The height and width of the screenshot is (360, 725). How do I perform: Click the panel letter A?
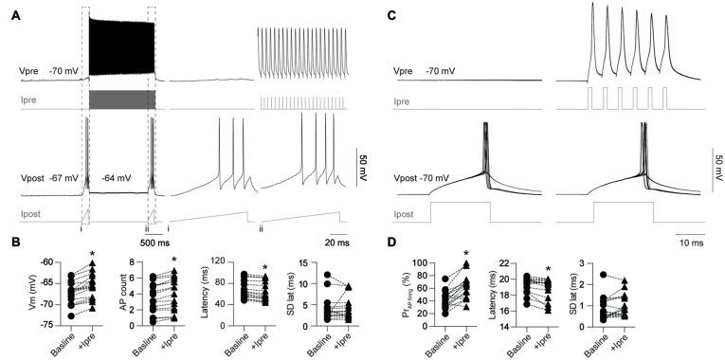tap(13, 16)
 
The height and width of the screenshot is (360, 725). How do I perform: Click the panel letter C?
tap(394, 16)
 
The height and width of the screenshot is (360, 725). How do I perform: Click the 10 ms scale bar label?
tap(689, 241)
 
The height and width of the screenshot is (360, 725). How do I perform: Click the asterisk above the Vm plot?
tap(92, 254)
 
